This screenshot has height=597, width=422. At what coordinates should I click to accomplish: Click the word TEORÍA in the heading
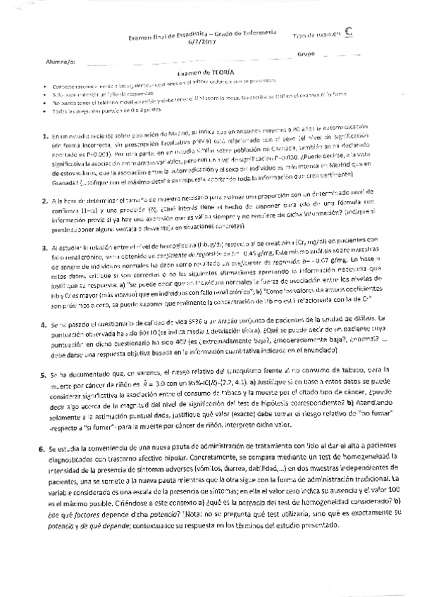[x=220, y=73]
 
